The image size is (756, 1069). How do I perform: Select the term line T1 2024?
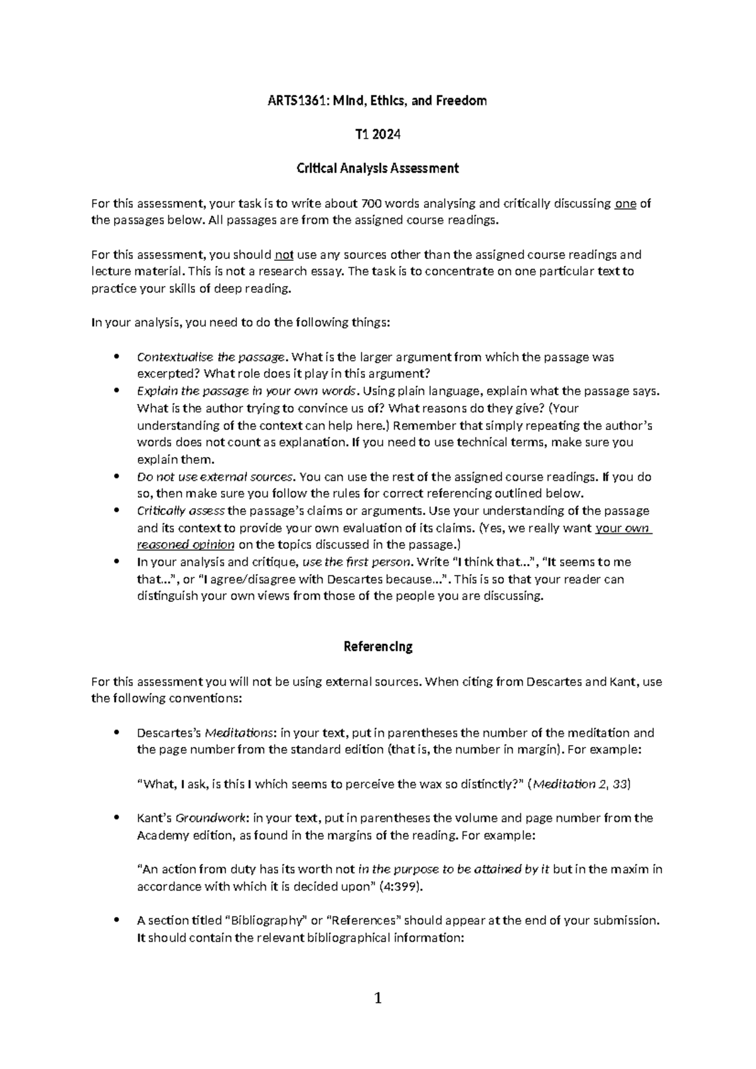coord(377,134)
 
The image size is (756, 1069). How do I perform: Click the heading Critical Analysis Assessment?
coord(377,168)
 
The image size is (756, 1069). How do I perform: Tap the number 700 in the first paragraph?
coord(370,204)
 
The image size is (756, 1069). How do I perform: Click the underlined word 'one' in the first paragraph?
coord(625,204)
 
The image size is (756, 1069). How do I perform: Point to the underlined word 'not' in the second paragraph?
coord(284,255)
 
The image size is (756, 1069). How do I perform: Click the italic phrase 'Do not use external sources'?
coord(215,477)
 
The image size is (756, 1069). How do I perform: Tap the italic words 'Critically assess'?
coord(180,511)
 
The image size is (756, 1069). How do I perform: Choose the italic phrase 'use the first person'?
coord(357,562)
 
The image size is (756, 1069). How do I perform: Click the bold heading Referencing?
coord(377,647)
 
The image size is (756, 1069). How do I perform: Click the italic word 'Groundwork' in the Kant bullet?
coord(210,818)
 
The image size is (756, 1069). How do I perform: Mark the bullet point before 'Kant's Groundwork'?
coord(115,818)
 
